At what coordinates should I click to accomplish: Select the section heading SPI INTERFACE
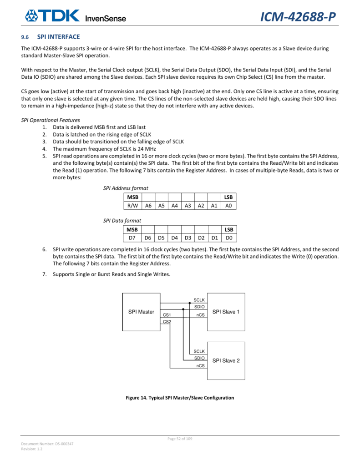tap(61, 36)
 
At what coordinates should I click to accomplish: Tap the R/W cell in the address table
tap(132, 205)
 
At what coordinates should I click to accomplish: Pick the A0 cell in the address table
tap(228, 205)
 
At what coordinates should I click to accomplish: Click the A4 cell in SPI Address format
tap(174, 205)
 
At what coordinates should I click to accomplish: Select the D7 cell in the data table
tap(132, 237)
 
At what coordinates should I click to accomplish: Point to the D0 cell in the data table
tap(228, 237)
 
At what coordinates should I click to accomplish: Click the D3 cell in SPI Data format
tap(188, 237)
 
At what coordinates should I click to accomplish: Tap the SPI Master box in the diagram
tap(141, 312)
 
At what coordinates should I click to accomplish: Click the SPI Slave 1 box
tap(226, 312)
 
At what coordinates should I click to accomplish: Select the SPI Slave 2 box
tap(226, 360)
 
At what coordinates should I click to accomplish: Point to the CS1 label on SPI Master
tap(167, 315)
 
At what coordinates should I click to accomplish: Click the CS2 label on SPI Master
tap(167, 322)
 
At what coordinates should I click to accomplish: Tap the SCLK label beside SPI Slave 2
tap(199, 351)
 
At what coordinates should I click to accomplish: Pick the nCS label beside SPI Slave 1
tap(200, 315)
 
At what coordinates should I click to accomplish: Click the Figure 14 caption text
tap(180, 398)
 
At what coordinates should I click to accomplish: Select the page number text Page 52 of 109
tap(180, 439)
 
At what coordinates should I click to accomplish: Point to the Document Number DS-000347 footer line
tap(47, 444)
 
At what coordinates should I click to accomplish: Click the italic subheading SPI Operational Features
tap(51, 120)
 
